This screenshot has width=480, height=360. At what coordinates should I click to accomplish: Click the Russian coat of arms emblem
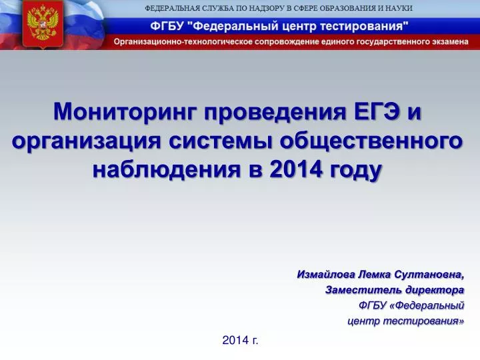pos(43,25)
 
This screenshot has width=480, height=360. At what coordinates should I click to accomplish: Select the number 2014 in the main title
pos(296,169)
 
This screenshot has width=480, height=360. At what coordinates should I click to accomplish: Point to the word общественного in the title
pos(371,141)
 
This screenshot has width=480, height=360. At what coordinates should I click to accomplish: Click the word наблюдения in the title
pos(167,169)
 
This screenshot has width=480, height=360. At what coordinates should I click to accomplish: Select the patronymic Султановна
pos(429,275)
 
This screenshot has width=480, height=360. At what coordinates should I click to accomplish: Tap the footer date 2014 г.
pos(240,340)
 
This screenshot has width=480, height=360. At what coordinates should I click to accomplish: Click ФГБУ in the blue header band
pos(167,26)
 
